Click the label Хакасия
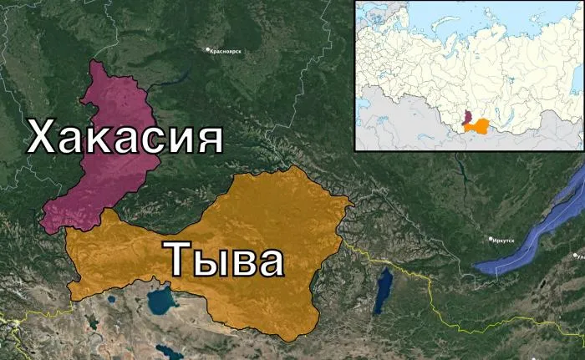tap(125, 136)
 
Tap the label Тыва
tap(223, 259)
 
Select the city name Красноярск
tap(226, 51)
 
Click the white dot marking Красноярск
tap(208, 50)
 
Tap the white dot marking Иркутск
tap(491, 240)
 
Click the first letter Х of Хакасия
tap(43, 136)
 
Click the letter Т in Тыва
tap(180, 259)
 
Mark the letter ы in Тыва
tap(211, 261)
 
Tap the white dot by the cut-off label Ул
tap(575, 257)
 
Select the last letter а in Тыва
tap(269, 261)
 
